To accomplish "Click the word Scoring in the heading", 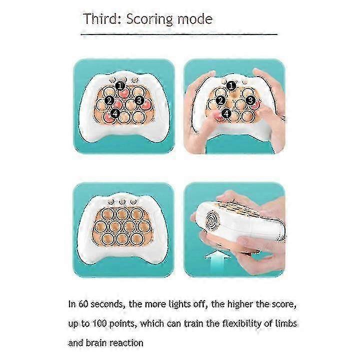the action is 149,19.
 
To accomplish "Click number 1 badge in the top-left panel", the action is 120,86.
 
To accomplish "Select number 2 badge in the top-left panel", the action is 109,100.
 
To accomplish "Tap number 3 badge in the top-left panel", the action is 139,100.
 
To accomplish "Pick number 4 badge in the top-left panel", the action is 115,113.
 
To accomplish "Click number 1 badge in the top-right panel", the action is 231,86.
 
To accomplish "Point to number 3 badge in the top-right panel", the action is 250,100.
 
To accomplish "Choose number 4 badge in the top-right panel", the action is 226,113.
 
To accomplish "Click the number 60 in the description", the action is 83,304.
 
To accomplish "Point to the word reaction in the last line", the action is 126,343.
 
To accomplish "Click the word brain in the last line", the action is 96,343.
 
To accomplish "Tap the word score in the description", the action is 284,304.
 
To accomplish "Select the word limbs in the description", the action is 286,323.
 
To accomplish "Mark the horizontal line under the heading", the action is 179,34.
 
